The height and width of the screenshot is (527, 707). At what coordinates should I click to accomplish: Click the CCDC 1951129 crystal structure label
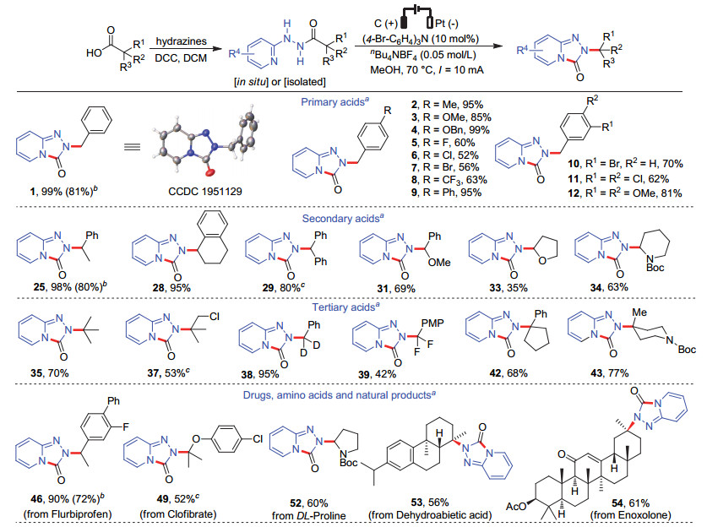tap(205, 191)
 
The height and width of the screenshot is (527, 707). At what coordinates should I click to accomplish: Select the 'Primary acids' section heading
tap(335, 102)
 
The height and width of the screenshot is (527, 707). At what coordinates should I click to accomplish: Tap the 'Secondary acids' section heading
tap(343, 218)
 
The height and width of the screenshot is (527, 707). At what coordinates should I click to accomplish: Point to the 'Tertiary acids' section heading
tap(346, 307)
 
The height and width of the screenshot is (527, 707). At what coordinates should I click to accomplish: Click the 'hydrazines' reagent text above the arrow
tap(182, 41)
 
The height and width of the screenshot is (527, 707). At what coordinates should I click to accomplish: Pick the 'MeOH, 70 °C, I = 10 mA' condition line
tap(427, 70)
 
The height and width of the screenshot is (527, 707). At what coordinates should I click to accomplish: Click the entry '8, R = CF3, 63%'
tap(449, 180)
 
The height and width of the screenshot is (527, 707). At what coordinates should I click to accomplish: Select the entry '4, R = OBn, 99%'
tap(450, 130)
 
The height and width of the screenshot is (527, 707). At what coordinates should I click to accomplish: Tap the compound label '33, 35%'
tap(508, 288)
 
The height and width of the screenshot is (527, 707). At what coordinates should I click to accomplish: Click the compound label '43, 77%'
tap(610, 372)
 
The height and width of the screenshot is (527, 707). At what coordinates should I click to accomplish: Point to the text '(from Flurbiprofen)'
tap(68, 514)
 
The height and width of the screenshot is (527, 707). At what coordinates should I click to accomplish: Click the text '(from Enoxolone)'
tap(630, 514)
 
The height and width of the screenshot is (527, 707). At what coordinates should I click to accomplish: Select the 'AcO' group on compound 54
tap(516, 506)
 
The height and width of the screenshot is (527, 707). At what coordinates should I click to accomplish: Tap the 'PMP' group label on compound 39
tap(432, 323)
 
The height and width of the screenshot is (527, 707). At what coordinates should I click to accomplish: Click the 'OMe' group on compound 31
tap(439, 263)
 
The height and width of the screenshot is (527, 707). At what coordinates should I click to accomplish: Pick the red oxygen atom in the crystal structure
tap(210, 171)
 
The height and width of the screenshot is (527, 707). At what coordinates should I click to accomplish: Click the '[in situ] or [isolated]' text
tap(280, 82)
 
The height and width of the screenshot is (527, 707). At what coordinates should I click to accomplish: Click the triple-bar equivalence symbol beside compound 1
tap(132, 147)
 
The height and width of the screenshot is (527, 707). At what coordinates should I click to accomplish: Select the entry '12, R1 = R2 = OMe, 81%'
tap(624, 193)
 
